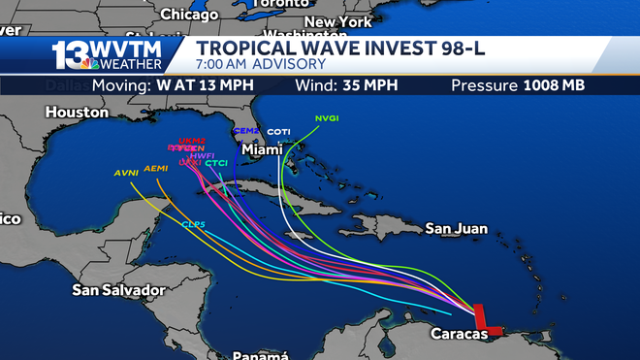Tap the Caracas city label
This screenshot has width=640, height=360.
pyautogui.click(x=456, y=334)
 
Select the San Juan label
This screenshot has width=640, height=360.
pyautogui.click(x=457, y=229)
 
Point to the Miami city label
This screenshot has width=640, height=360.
pyautogui.click(x=261, y=150)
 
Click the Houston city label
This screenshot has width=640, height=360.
pyautogui.click(x=77, y=113)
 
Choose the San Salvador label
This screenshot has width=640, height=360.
pyautogui.click(x=119, y=289)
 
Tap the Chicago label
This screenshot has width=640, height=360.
pyautogui.click(x=189, y=15)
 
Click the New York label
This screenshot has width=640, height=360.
pyautogui.click(x=337, y=21)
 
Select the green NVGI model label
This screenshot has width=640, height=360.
pyautogui.click(x=326, y=118)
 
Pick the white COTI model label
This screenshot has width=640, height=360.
pyautogui.click(x=278, y=132)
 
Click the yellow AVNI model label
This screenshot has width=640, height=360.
pyautogui.click(x=126, y=173)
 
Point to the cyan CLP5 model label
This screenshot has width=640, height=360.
pyautogui.click(x=193, y=224)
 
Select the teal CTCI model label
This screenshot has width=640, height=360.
pyautogui.click(x=215, y=163)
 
